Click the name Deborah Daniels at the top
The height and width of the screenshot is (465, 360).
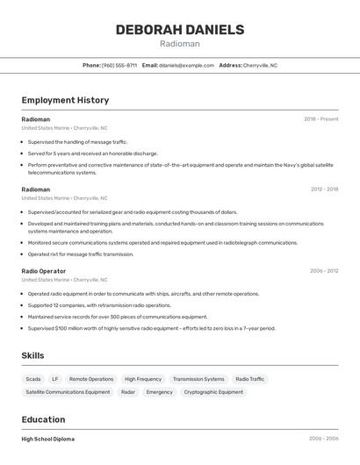179,30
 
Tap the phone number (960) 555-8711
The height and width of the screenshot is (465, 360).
119,65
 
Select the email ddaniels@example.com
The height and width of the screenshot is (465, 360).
186,65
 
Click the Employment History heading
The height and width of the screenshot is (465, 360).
65,100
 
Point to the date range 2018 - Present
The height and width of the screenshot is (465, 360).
320,118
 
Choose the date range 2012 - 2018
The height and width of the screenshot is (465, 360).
324,189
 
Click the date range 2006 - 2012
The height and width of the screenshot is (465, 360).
324,271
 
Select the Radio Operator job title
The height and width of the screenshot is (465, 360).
43,271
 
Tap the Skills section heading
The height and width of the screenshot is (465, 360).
32,355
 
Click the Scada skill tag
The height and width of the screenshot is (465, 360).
32,379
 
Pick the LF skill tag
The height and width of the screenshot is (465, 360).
55,379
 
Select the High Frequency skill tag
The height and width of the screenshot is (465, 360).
142,379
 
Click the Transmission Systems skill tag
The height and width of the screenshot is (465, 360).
198,379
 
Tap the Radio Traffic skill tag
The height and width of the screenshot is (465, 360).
249,379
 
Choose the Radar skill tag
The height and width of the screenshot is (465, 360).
128,392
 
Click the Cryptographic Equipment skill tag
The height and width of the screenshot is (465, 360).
213,392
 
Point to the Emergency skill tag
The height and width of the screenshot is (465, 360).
159,392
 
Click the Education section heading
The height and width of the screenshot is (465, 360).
43,419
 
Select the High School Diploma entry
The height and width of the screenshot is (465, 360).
47,439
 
